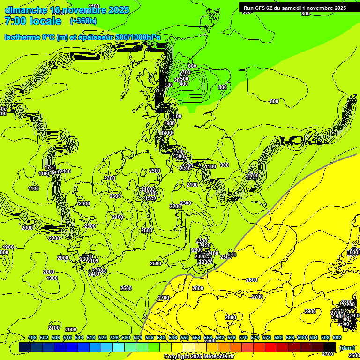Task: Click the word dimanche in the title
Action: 26,10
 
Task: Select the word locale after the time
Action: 45,21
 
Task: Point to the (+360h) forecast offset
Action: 83,21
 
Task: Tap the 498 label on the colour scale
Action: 32,337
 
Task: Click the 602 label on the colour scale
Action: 337,337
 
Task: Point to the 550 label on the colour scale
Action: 185,337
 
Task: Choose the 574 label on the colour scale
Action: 255,337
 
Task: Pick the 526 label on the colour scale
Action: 114,337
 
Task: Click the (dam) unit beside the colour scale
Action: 347,347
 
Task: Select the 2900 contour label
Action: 310,311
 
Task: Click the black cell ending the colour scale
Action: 330,347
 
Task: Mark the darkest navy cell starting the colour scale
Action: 25,347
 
